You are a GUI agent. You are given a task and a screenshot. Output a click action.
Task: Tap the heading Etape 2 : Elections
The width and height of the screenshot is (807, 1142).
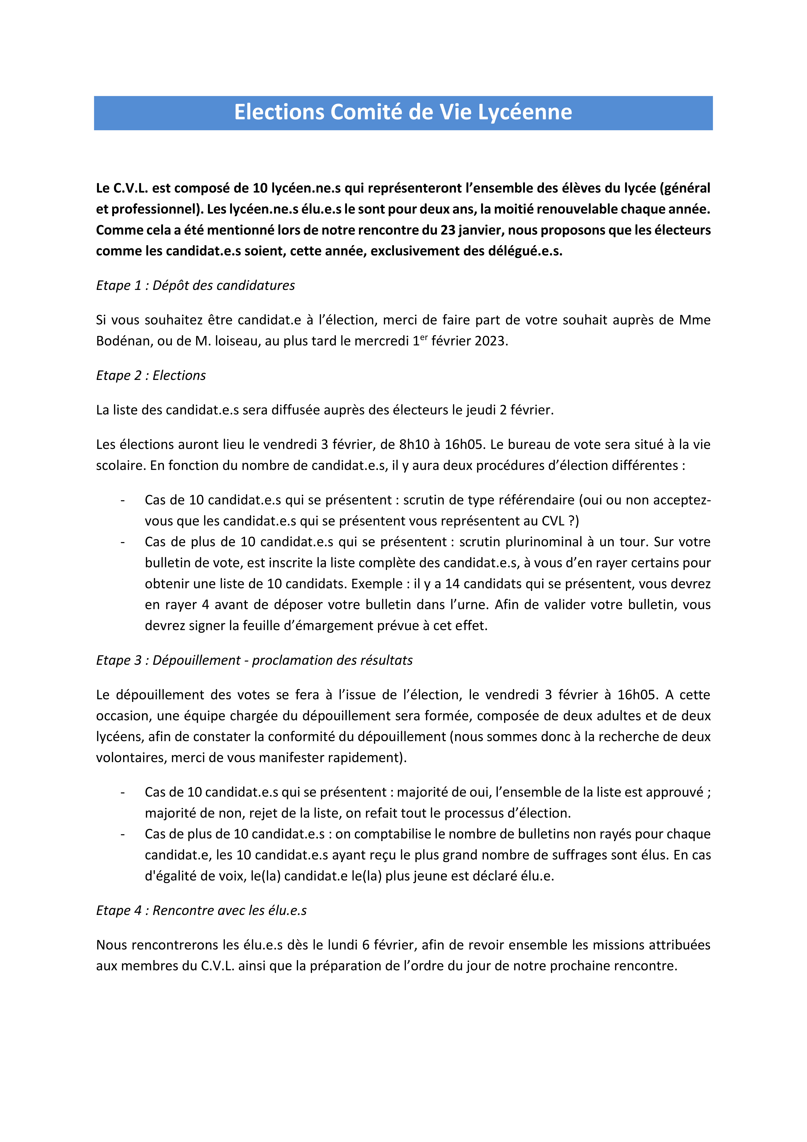click(x=151, y=376)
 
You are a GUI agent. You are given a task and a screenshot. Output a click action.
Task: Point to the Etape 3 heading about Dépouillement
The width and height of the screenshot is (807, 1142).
click(x=254, y=660)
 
